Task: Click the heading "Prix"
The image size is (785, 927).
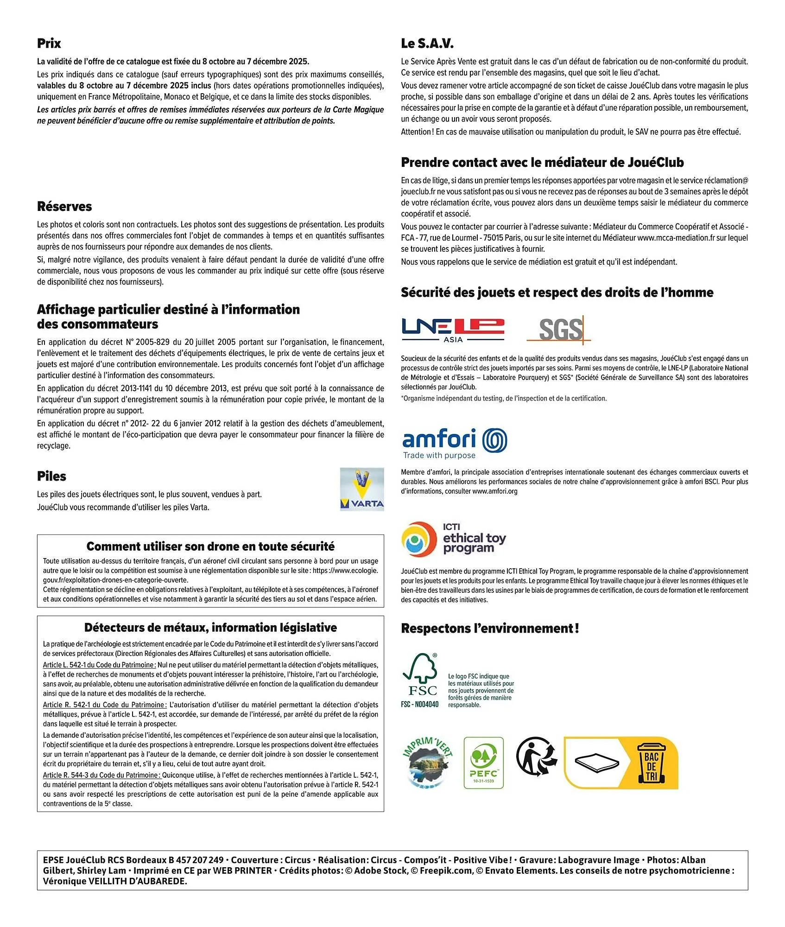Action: (x=49, y=44)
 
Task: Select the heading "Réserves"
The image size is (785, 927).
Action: (x=64, y=207)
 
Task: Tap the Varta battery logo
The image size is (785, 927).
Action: (x=362, y=489)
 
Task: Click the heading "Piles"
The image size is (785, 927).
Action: (x=51, y=476)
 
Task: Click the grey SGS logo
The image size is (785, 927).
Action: (x=559, y=330)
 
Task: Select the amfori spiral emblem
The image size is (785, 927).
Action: (x=495, y=440)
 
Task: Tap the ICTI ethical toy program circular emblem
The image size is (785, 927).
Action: (x=419, y=539)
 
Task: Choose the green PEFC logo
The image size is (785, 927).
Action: (x=483, y=762)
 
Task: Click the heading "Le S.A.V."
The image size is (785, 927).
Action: (x=427, y=44)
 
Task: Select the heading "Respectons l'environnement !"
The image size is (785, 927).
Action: (x=490, y=629)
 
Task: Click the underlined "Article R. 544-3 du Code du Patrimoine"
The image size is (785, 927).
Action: (x=101, y=775)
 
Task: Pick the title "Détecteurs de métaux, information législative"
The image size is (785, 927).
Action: (x=210, y=628)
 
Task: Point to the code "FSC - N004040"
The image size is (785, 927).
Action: (x=419, y=705)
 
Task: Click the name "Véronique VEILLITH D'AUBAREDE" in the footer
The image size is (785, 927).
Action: (x=115, y=881)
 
